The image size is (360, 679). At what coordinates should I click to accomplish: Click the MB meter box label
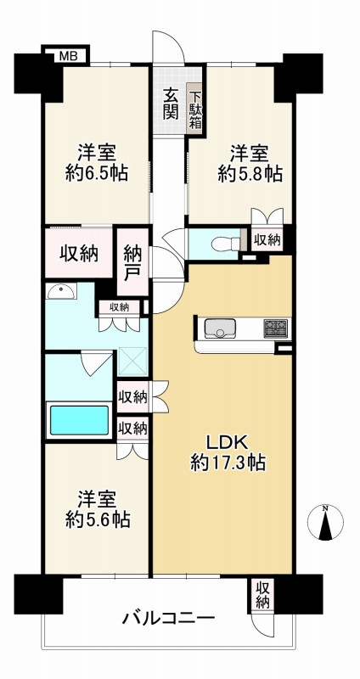pos(66,55)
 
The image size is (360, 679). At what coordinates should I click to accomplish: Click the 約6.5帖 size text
pos(97,174)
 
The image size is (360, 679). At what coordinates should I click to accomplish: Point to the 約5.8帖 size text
pos(250,174)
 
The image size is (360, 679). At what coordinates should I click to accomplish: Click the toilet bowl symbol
pos(226,244)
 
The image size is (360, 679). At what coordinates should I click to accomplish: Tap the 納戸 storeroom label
pos(133,262)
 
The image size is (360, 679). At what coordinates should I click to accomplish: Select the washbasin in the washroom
pos(61,291)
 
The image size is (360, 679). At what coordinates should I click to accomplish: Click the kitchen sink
pos(220,328)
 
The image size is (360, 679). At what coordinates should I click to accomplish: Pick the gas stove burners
pos(276,328)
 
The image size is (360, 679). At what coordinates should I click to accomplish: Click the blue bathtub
pos(79,419)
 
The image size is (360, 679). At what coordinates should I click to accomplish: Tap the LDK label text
pos(226,443)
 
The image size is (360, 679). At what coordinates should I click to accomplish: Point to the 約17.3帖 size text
pos(228,463)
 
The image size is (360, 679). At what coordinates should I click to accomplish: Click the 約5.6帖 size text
pos(98,519)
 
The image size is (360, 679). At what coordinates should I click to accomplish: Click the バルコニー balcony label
pos(168,618)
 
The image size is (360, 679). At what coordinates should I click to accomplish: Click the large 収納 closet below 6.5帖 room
pos(79,253)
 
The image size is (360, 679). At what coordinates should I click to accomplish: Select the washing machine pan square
pos(133,362)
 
